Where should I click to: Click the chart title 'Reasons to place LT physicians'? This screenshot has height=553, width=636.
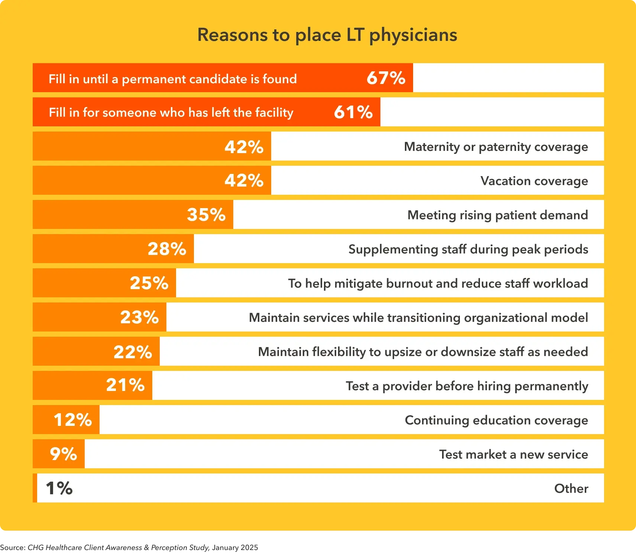(x=327, y=35)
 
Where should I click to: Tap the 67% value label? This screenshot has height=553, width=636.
(x=386, y=78)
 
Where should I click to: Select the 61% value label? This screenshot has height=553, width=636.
(x=353, y=112)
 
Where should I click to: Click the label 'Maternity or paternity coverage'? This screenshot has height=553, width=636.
(x=496, y=147)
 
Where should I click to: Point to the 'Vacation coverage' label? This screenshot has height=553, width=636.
(x=534, y=181)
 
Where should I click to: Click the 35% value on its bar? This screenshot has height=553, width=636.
(x=206, y=215)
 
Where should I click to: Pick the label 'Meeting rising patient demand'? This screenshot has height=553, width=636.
(x=497, y=215)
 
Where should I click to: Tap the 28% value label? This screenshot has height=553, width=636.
(x=167, y=249)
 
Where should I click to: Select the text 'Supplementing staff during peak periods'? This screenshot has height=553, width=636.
(x=468, y=249)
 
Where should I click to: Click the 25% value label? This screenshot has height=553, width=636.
(x=149, y=283)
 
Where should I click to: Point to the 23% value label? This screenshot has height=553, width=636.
(x=139, y=317)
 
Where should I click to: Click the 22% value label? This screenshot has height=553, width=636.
(x=133, y=352)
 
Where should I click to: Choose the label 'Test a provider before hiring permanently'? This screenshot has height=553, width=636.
(x=467, y=386)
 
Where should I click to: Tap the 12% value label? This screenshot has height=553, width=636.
(x=73, y=420)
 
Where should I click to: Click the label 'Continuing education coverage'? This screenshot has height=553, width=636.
(x=496, y=420)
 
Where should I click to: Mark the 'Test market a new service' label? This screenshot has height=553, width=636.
(x=513, y=455)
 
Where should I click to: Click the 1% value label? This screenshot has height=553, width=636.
(x=59, y=488)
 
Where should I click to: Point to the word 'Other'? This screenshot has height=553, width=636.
(x=571, y=489)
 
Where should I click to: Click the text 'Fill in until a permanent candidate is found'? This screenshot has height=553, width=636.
(x=173, y=79)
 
